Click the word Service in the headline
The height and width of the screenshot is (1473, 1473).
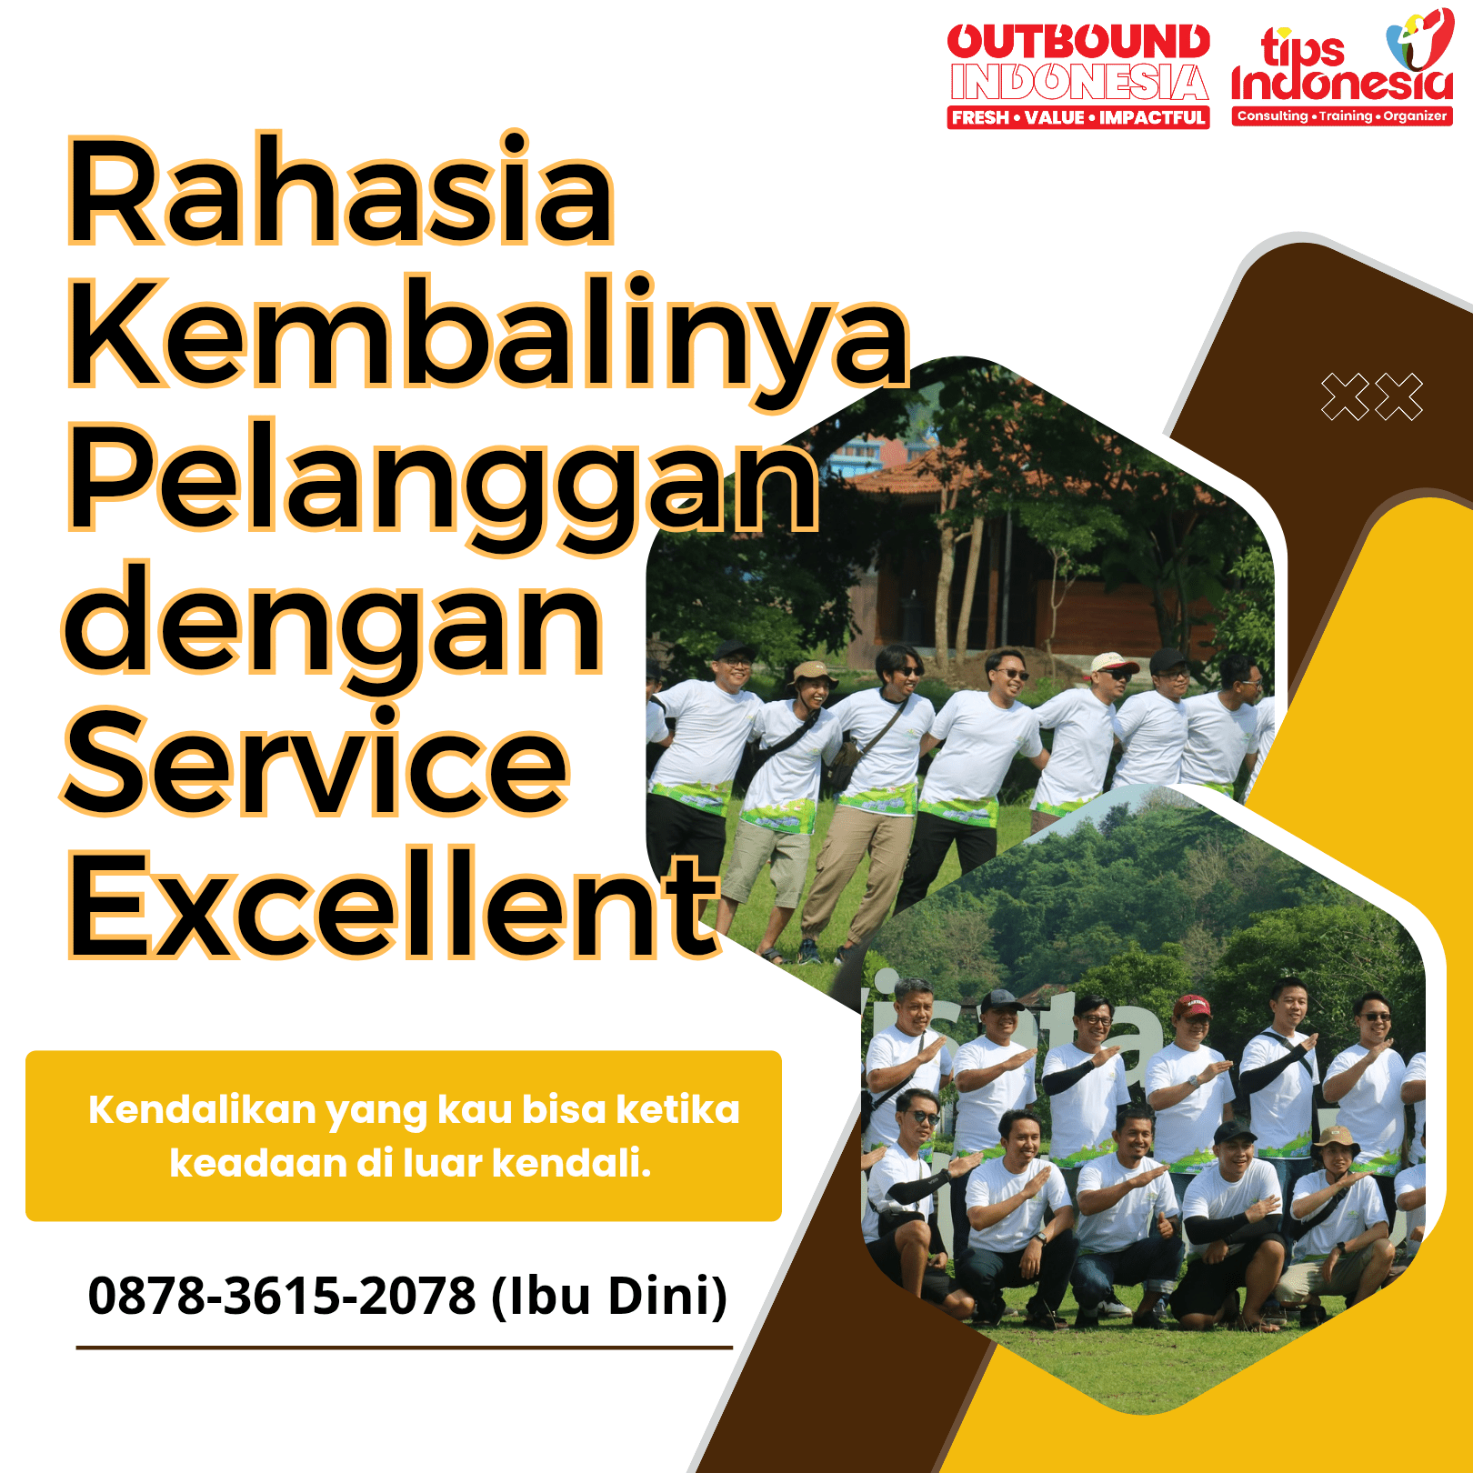click(x=316, y=760)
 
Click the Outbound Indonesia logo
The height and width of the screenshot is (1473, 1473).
click(x=1078, y=75)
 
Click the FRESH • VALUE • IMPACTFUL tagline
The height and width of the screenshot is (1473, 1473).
click(x=1078, y=117)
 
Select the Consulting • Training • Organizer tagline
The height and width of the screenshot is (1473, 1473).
click(x=1342, y=115)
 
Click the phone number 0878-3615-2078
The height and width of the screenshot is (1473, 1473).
click(x=282, y=1295)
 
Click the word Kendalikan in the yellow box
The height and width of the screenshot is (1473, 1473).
click(x=201, y=1110)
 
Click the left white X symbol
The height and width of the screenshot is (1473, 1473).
click(x=1345, y=397)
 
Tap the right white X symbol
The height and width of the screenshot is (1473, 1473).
click(x=1399, y=397)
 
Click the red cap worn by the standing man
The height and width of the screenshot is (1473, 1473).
click(x=1191, y=1006)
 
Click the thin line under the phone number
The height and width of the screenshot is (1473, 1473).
click(x=405, y=1348)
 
